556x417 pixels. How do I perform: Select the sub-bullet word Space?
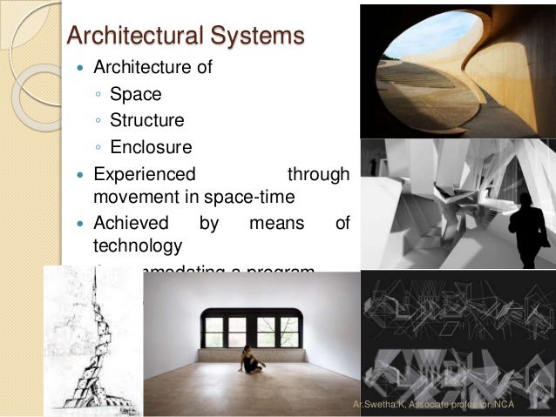135,91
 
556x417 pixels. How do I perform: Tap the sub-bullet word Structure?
147,118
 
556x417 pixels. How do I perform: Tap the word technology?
138,245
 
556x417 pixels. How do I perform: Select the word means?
276,223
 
